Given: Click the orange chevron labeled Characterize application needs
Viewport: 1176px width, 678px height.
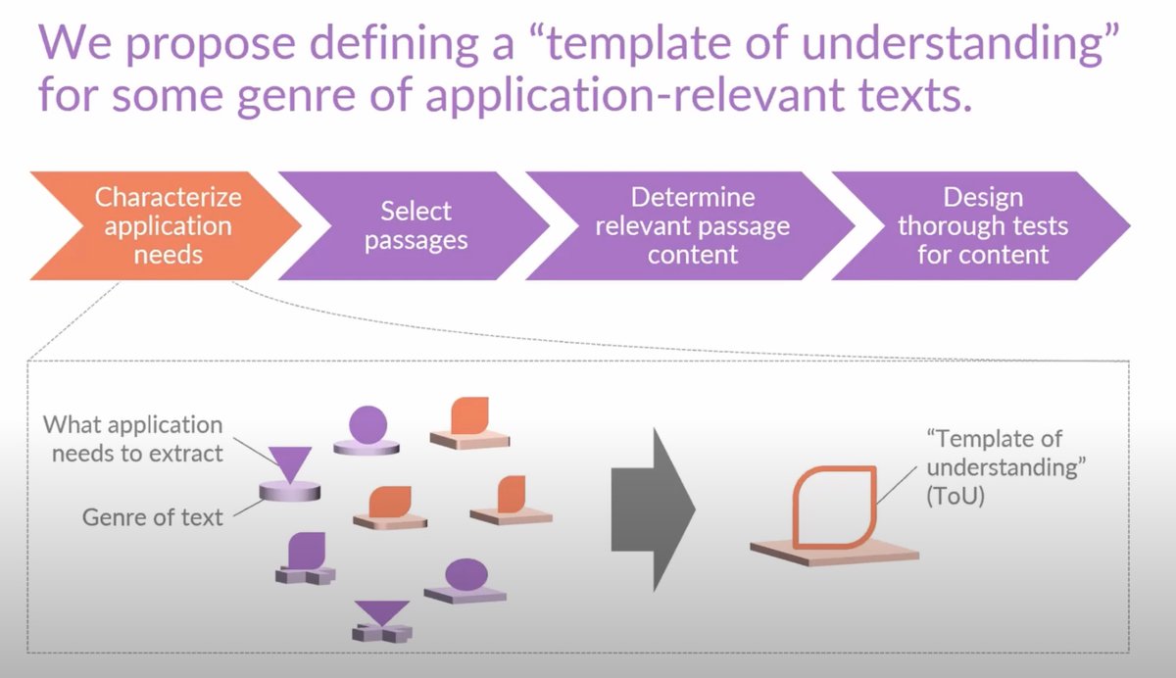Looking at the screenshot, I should [x=168, y=225].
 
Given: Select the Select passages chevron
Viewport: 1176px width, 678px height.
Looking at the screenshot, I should [x=416, y=225].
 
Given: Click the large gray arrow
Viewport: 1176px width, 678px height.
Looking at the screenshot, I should [x=652, y=508].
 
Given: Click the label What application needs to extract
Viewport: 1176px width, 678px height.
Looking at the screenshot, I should [x=135, y=440].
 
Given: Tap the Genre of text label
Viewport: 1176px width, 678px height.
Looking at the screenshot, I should [x=153, y=515].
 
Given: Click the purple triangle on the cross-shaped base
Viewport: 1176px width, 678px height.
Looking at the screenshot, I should [x=381, y=613].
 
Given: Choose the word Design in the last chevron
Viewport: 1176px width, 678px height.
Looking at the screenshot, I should [x=982, y=197].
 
